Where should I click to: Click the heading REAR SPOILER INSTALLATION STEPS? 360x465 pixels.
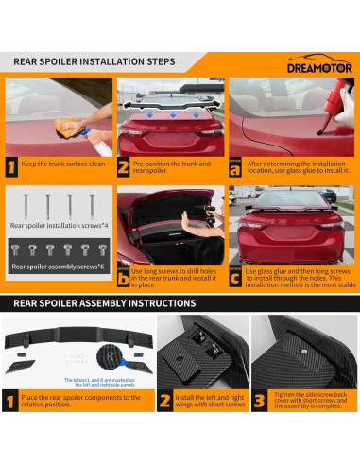pyautogui.click(x=94, y=62)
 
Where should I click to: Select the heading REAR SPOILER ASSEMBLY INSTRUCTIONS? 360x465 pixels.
pyautogui.click(x=105, y=303)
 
